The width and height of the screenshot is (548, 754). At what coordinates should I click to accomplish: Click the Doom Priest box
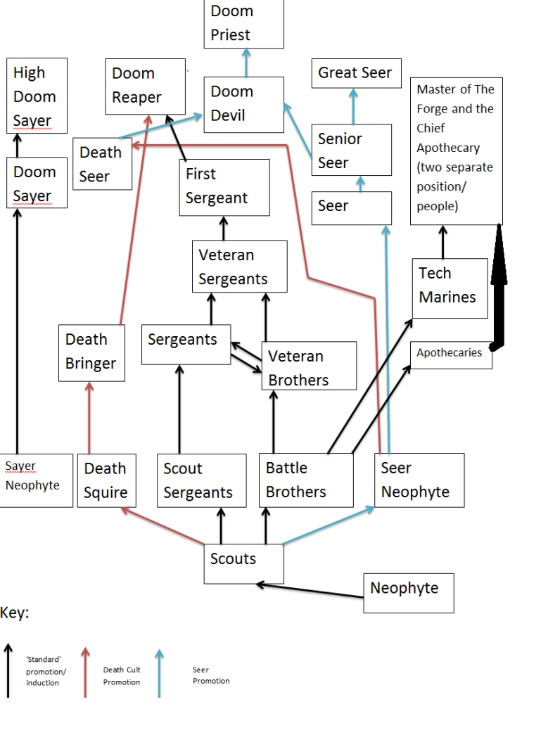(243, 24)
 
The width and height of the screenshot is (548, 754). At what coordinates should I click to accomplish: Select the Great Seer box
(355, 73)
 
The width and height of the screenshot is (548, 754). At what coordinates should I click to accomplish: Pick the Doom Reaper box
(145, 86)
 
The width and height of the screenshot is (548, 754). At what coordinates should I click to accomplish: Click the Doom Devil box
(243, 104)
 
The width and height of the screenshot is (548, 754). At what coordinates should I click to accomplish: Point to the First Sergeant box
(224, 186)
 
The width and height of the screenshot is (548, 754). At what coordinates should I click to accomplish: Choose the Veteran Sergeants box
(239, 267)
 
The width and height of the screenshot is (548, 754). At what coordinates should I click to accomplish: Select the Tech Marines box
(450, 288)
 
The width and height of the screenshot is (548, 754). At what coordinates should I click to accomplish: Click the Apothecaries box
(450, 354)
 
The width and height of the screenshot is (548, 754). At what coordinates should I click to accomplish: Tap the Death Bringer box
(91, 352)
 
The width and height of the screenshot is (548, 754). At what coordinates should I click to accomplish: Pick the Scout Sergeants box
(201, 480)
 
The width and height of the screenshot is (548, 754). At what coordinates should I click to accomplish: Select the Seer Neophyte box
(419, 480)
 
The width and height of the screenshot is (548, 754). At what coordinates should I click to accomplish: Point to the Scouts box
(243, 563)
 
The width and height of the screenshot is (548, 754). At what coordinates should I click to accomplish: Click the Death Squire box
(106, 480)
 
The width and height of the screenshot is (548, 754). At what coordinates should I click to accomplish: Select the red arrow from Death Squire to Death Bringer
(89, 418)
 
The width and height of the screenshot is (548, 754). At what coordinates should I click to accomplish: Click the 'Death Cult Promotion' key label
(122, 676)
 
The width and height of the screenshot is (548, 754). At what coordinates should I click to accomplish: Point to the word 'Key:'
(15, 613)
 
